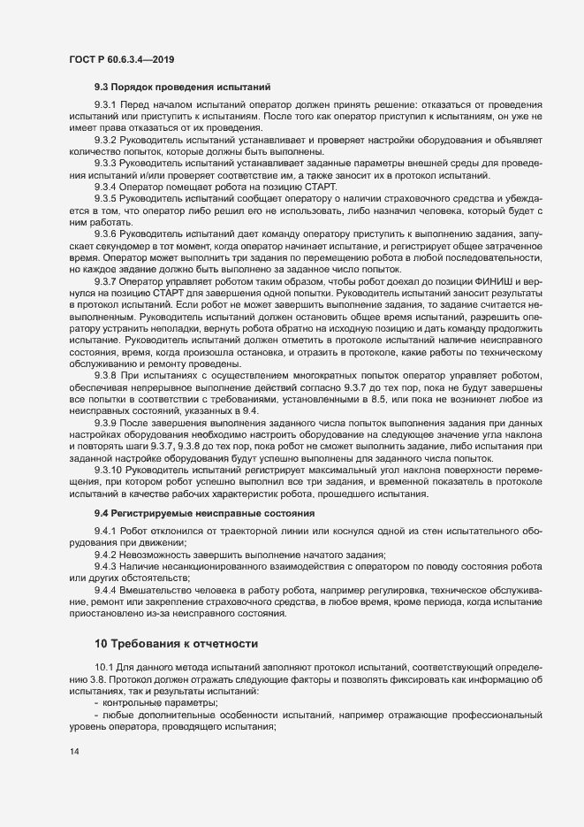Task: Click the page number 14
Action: pyautogui.click(x=73, y=753)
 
